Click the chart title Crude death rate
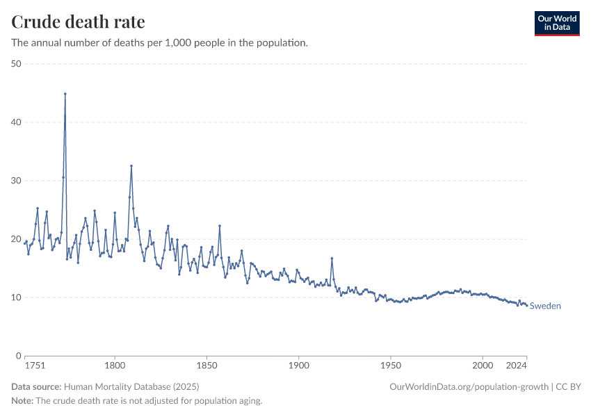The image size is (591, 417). tap(78, 22)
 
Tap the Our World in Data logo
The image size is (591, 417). tap(556, 23)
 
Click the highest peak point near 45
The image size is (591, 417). tap(65, 94)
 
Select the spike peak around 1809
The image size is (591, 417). tap(131, 166)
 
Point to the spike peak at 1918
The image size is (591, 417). tap(332, 259)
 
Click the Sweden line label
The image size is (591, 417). tap(545, 306)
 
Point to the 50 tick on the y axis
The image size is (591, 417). tap(17, 64)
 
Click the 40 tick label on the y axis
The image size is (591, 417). tap(17, 122)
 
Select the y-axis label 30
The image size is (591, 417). tap(17, 181)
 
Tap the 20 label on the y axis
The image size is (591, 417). tap(17, 239)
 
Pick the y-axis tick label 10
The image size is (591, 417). tap(17, 297)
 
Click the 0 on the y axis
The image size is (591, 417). tap(19, 356)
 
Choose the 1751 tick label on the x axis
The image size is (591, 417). tap(34, 366)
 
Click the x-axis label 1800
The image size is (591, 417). tap(115, 366)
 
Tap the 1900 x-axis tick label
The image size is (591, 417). tap(298, 366)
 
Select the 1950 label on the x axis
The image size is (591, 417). tap(391, 366)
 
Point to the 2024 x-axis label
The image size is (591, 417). tap(517, 366)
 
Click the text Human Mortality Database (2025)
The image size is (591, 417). tap(128, 386)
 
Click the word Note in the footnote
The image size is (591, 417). tap(22, 401)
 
